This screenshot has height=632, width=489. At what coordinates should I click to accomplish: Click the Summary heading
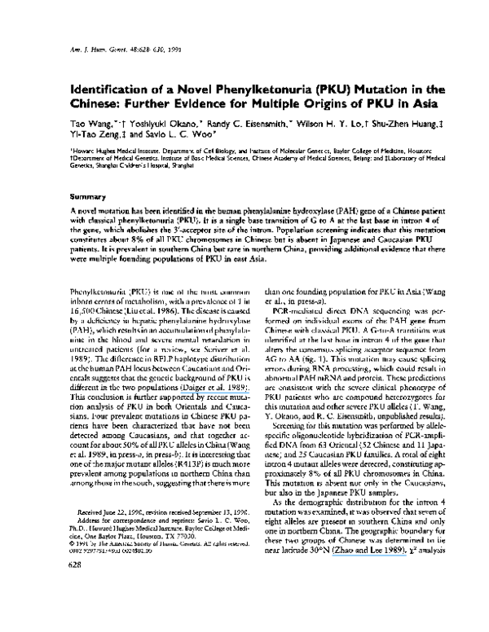(86, 196)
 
